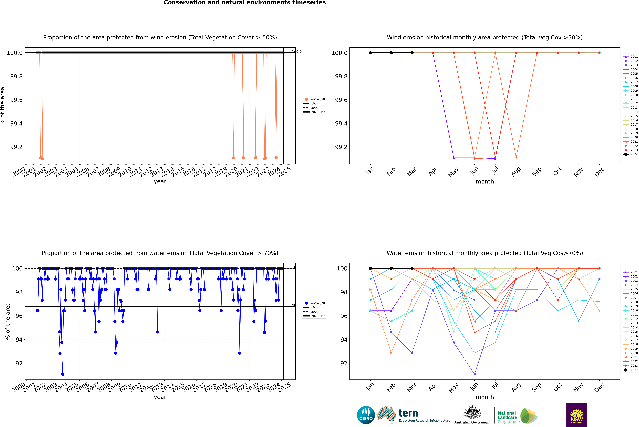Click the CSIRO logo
[366, 415]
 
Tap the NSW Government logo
[577, 415]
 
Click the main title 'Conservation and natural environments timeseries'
[245, 3]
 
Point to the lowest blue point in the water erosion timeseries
[63, 374]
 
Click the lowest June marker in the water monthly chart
[474, 374]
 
